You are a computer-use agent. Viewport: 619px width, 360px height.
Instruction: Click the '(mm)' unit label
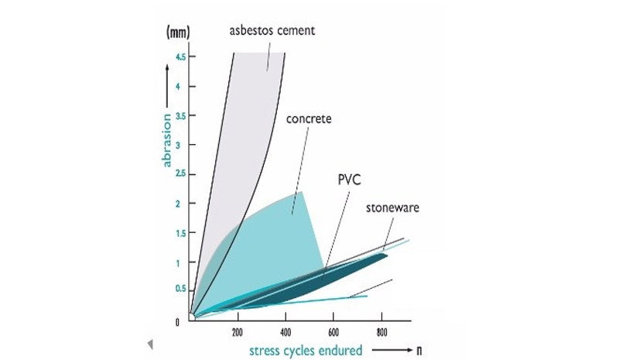[x=179, y=34]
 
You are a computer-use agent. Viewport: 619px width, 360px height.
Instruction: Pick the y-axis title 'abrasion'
[x=166, y=139]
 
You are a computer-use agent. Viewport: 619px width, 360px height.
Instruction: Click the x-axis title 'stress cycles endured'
[x=306, y=350]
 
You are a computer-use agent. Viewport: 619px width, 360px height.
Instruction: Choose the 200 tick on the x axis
[x=238, y=332]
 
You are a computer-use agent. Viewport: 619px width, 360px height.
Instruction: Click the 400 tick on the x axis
[x=286, y=332]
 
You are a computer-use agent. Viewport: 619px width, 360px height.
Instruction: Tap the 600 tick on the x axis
[x=333, y=332]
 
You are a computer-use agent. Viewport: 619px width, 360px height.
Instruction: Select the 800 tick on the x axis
[x=381, y=332]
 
